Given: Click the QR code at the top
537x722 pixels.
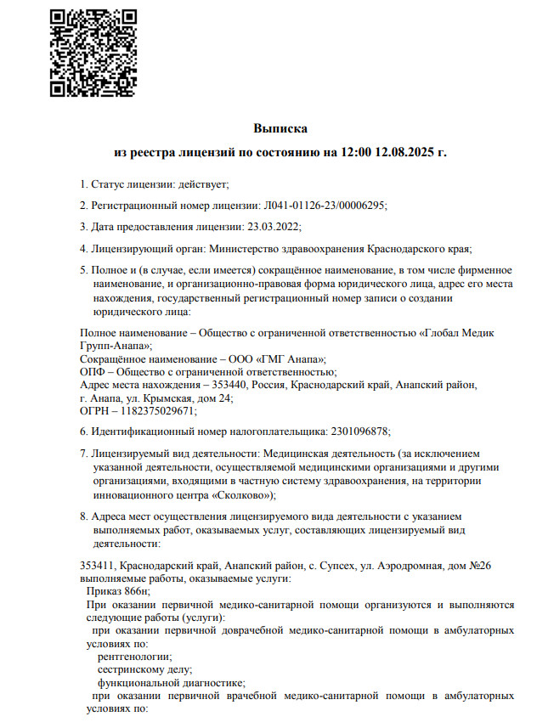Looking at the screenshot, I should [x=93, y=53].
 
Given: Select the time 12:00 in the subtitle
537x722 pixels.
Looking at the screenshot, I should [x=357, y=153].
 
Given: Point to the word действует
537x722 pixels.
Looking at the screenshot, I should [x=204, y=183].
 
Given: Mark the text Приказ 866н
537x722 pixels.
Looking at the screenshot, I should [x=118, y=591].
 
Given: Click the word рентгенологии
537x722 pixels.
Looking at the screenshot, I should [x=134, y=657].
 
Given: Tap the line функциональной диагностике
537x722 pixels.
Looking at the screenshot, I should [x=171, y=682].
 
